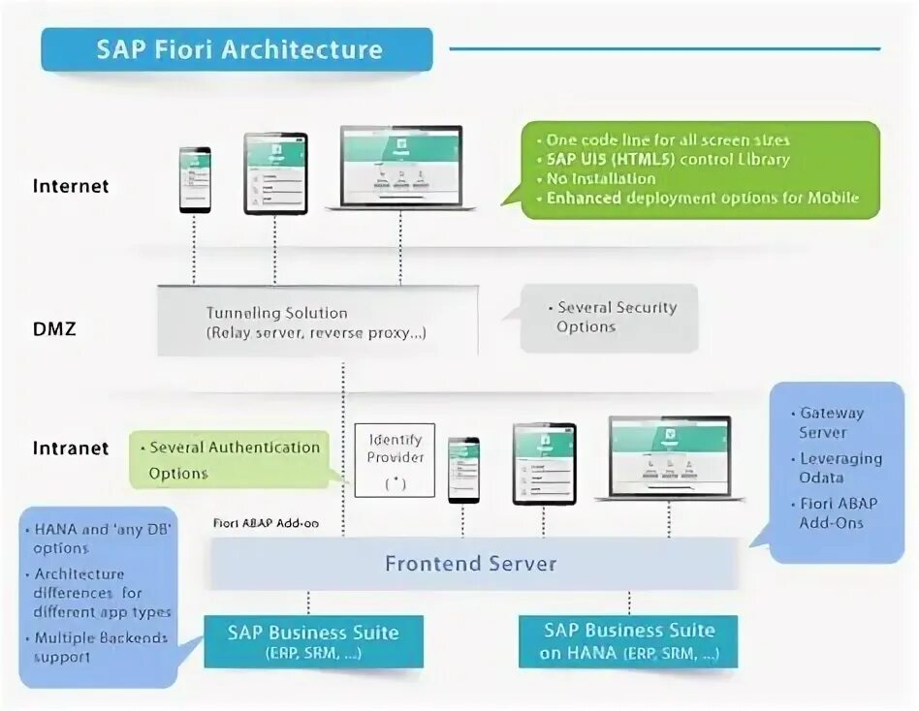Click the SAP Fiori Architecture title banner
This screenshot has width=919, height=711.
click(238, 49)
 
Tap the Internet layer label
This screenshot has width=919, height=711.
click(71, 186)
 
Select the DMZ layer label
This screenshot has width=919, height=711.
click(54, 328)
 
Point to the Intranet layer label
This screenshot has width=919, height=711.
click(71, 448)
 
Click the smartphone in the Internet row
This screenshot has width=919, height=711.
click(194, 179)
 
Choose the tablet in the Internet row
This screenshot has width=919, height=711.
click(274, 173)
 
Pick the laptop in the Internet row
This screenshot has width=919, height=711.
click(400, 168)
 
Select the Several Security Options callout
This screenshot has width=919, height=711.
click(609, 318)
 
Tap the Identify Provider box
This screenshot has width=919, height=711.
click(395, 460)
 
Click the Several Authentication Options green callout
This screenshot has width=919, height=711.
click(229, 460)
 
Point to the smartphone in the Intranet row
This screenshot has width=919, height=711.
click(463, 469)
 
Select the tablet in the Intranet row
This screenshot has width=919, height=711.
click(544, 464)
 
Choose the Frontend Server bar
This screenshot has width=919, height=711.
click(471, 564)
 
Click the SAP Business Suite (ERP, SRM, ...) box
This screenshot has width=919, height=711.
click(313, 641)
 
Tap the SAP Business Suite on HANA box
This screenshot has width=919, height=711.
click(628, 641)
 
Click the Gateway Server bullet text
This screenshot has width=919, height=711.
click(831, 422)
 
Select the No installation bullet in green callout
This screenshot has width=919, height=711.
click(600, 178)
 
